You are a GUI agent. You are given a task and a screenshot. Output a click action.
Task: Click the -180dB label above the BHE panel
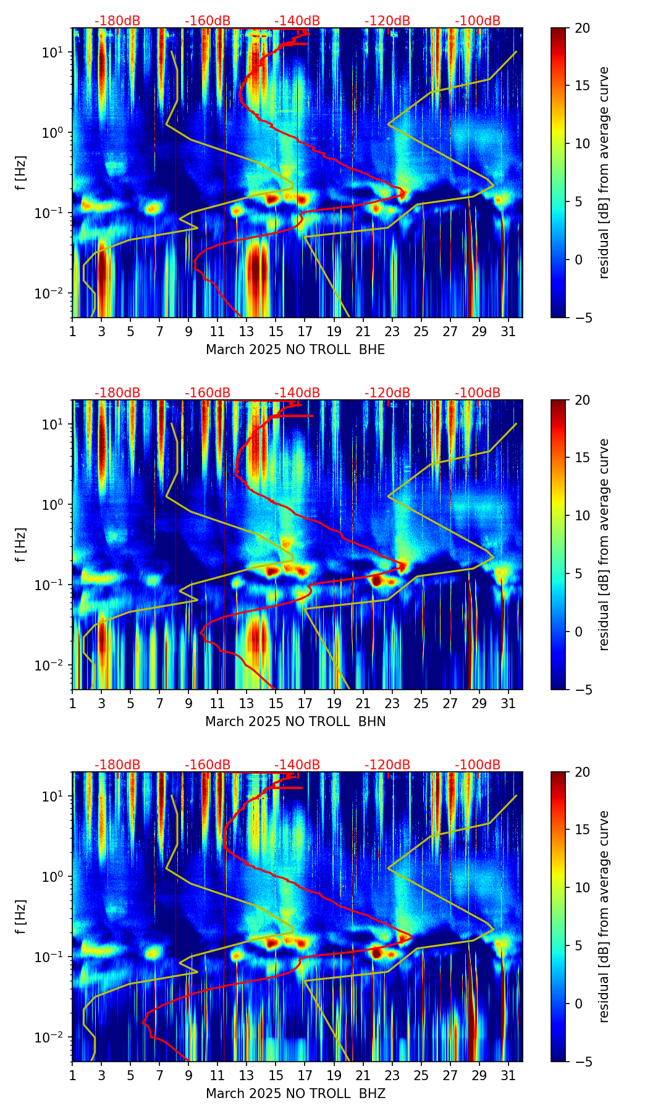(117, 21)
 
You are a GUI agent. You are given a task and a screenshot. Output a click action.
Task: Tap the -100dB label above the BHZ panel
(478, 765)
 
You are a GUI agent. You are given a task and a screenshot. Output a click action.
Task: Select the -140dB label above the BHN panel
(297, 393)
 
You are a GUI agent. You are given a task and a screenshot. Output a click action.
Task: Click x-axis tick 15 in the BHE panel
(276, 331)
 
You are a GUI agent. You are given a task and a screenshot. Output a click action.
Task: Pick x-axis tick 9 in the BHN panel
(188, 703)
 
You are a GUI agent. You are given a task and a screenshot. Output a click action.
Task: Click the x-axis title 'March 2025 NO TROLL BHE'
(295, 350)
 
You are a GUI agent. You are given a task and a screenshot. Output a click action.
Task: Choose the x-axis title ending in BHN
(295, 722)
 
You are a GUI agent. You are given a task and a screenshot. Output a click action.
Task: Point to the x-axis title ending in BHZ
(295, 1094)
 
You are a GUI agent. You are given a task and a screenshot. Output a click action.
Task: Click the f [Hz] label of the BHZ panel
(22, 917)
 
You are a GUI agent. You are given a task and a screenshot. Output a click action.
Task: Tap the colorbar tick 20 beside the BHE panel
(582, 28)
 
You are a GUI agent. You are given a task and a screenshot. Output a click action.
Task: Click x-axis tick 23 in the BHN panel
(392, 703)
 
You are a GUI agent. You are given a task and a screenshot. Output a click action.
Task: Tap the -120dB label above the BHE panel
(387, 21)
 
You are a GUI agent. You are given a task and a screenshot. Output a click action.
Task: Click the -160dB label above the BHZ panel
(208, 765)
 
